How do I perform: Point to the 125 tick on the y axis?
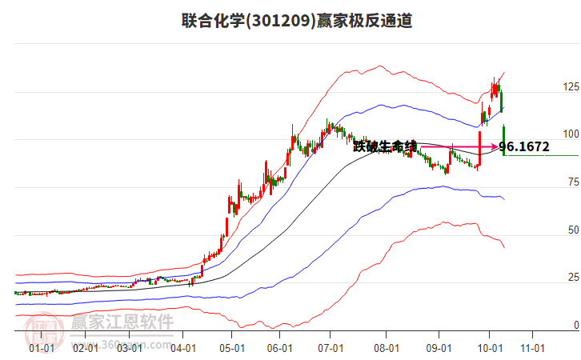pos(571,86)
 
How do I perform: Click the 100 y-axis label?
pos(571,134)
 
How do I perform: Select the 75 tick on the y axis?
pos(572,182)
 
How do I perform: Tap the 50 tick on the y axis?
pos(572,230)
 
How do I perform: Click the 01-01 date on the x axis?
pos(42,348)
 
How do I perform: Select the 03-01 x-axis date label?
pos(130,348)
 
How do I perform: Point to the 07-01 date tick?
pos(330,348)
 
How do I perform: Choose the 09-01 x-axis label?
pos(439,348)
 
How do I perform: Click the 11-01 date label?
pos(532,348)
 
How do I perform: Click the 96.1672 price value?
pos(523,146)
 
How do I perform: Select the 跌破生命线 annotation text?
pos(385,146)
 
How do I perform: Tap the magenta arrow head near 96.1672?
pos(494,146)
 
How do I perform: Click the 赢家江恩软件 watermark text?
pos(122,322)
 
